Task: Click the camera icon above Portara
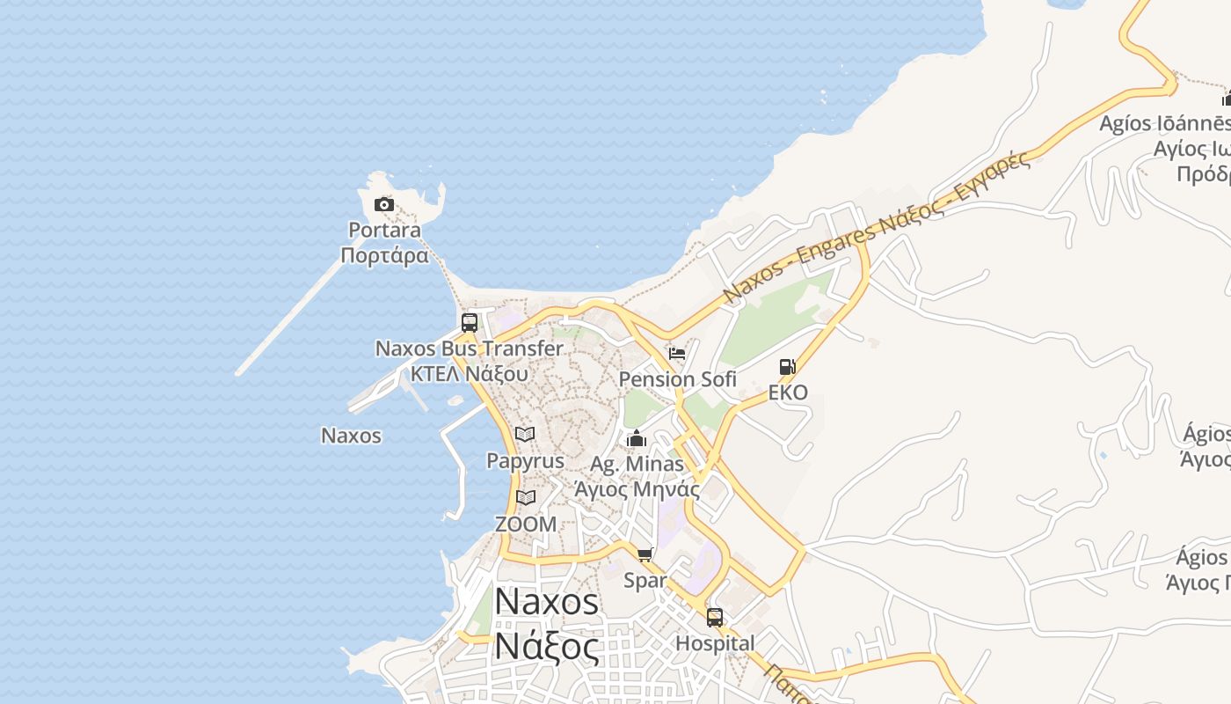383,205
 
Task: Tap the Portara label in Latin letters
384,231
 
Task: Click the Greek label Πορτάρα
384,256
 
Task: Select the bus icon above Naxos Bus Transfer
470,323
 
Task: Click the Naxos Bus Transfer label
469,348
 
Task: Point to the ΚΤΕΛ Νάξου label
469,373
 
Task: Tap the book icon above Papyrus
525,435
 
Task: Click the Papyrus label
525,460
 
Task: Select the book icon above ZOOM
526,498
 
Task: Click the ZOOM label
526,524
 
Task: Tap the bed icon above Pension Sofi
677,354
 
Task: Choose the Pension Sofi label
678,379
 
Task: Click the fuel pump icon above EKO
788,367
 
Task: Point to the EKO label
788,392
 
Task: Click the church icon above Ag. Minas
637,438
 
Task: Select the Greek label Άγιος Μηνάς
637,489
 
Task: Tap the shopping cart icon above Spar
645,555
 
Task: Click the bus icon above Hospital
715,618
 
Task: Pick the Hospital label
715,643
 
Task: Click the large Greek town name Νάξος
546,646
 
